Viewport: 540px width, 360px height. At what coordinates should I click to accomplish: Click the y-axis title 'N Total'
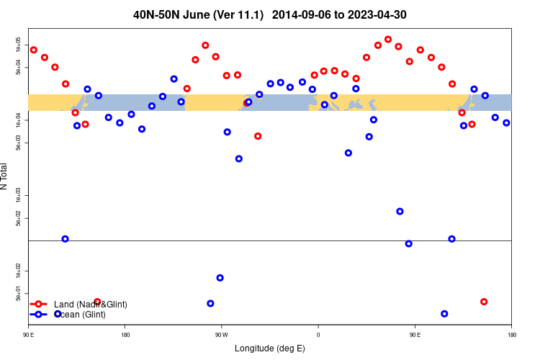pyautogui.click(x=5, y=176)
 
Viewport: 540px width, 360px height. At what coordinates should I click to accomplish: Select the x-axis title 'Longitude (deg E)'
pyautogui.click(x=270, y=348)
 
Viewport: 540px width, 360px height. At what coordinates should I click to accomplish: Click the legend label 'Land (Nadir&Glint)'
pyautogui.click(x=90, y=305)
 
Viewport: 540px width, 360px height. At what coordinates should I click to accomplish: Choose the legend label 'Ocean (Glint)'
pyautogui.click(x=80, y=315)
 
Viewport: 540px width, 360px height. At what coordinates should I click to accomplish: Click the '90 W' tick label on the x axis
pyautogui.click(x=221, y=335)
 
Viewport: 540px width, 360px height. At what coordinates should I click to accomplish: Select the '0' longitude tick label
pyautogui.click(x=318, y=335)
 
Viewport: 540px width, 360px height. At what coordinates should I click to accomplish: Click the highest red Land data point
pyautogui.click(x=388, y=40)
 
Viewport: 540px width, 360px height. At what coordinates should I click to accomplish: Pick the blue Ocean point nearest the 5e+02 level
pyautogui.click(x=400, y=211)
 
